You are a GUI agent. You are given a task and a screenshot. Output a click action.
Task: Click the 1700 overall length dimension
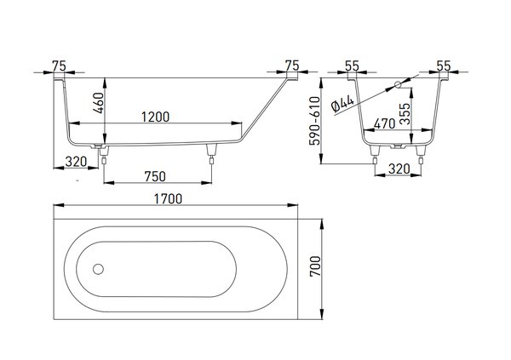[168, 199]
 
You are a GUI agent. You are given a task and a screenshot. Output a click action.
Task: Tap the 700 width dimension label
[315, 266]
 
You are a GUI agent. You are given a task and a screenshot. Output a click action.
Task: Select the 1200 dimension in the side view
[156, 117]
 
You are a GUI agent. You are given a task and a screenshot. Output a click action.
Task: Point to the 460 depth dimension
[99, 103]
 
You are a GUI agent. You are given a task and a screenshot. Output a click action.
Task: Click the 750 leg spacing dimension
[155, 176]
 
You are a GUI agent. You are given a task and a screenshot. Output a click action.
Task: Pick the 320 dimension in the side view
[76, 162]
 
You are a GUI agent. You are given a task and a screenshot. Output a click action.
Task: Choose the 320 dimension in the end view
[399, 169]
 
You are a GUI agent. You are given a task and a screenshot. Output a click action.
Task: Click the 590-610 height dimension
[315, 121]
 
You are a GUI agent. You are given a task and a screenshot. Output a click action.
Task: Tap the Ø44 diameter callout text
[342, 104]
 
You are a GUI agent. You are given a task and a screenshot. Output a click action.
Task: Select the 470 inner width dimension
[385, 123]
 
